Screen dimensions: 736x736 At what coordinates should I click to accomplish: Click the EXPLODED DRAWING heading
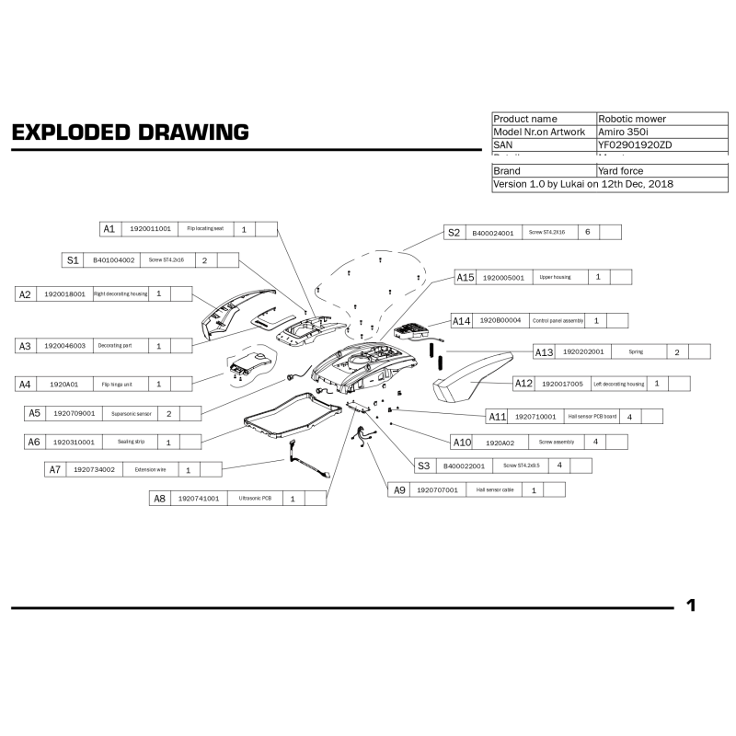[130, 132]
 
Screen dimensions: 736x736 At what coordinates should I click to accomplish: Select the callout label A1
[109, 228]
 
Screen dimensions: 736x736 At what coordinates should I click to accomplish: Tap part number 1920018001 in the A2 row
[64, 294]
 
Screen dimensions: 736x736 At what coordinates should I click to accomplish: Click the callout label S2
[454, 233]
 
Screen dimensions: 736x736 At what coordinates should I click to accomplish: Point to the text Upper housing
[555, 277]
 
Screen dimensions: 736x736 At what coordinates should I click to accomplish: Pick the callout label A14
[462, 320]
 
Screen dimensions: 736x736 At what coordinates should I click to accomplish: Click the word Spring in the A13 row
[636, 351]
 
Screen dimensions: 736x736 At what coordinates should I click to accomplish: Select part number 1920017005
[562, 384]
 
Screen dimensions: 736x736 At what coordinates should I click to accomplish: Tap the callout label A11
[498, 416]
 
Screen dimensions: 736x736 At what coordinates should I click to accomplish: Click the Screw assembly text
[557, 443]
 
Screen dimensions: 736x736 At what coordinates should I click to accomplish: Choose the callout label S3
[423, 466]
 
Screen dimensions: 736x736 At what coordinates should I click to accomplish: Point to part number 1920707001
[437, 490]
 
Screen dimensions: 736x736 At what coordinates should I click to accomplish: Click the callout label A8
[160, 498]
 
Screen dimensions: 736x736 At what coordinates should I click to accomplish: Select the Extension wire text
[150, 469]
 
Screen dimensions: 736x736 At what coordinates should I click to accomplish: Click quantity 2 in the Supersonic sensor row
[169, 414]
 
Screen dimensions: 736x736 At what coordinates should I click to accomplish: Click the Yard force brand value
[621, 171]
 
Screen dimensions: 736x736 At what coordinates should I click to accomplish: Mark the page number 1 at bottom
[691, 605]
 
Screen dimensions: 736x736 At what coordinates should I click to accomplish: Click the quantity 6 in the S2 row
[587, 232]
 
